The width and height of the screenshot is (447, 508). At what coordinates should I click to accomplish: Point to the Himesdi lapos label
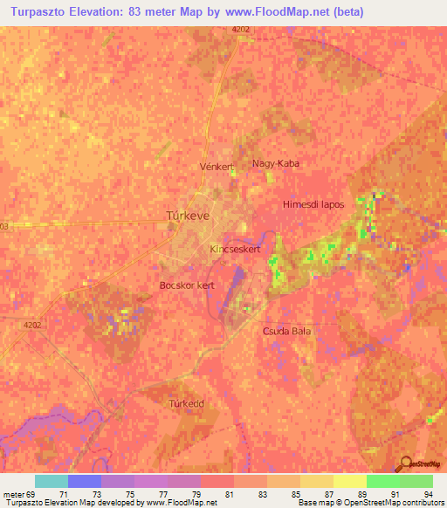coord(313,204)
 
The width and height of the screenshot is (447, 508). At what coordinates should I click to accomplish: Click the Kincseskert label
coord(235,250)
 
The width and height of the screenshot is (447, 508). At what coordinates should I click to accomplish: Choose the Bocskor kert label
coord(187,285)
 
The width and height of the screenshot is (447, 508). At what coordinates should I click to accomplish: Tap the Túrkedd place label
coord(186,404)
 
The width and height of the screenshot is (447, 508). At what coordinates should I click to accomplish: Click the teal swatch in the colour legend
coord(52,481)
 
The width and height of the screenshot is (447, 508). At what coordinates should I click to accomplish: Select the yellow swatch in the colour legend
coord(349,481)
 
